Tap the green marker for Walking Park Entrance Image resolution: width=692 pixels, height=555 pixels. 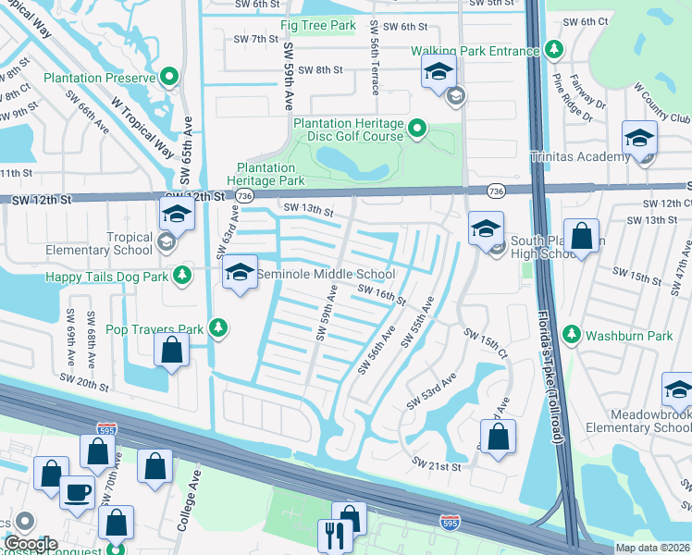554,48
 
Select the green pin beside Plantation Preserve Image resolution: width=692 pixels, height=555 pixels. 169,77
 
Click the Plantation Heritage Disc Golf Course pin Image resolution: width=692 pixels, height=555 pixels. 417,129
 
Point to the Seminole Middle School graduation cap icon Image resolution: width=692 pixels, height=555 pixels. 240,272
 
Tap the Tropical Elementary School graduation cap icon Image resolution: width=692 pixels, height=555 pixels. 175,215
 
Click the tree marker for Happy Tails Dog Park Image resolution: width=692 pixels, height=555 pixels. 183,275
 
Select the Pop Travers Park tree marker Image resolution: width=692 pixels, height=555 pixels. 217,327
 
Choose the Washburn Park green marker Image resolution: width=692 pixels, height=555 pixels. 572,335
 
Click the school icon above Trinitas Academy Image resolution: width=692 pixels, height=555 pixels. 639,138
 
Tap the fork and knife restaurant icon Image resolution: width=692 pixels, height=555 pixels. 332,535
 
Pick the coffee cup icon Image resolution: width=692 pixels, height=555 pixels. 78,491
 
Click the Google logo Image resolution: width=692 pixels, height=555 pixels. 31,545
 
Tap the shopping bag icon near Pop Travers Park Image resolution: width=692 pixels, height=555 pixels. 171,350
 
